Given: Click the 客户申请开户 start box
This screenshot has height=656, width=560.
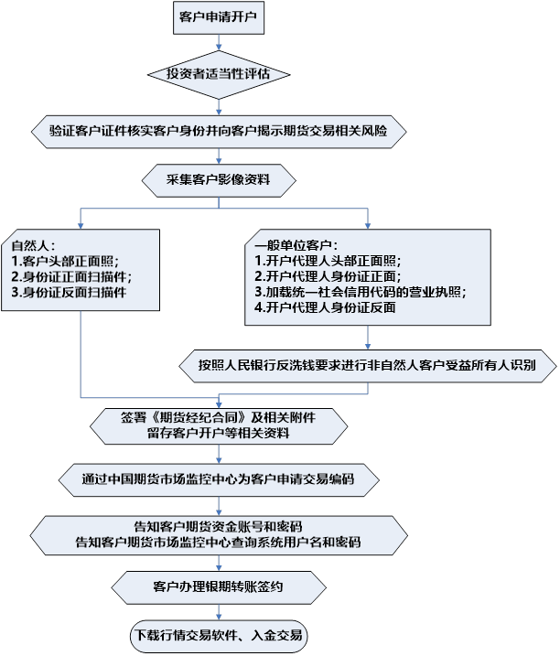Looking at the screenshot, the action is click(219, 17).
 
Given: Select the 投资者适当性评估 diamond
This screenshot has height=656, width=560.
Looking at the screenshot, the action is click(219, 75).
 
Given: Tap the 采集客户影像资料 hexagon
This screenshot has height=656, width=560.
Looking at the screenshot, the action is click(219, 180).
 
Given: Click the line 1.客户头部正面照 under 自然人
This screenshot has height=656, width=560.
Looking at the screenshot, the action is click(65, 261).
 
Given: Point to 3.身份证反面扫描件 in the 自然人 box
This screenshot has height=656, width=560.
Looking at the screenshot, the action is click(69, 292).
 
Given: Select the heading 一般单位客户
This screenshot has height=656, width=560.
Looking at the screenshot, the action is click(296, 245).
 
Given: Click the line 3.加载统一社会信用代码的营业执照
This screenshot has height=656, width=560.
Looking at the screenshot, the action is click(361, 292).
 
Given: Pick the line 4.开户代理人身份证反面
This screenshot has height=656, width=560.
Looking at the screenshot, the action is click(325, 307).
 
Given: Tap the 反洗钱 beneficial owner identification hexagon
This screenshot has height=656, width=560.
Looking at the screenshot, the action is click(368, 366).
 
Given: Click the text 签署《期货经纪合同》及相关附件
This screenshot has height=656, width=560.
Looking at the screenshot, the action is click(218, 417).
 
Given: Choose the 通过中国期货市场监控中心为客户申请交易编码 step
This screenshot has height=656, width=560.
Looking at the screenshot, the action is click(219, 479).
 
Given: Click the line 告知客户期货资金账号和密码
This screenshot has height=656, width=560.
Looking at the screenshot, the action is click(218, 527).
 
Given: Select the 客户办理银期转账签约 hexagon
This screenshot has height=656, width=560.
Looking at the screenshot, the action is click(219, 587).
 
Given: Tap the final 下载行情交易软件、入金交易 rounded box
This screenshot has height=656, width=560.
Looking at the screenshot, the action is click(219, 636).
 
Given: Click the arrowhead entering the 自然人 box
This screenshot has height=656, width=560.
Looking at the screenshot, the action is click(81, 226).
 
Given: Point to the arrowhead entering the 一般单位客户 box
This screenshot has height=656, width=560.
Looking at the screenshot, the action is click(368, 226).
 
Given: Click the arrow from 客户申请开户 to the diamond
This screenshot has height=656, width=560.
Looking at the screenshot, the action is click(219, 42).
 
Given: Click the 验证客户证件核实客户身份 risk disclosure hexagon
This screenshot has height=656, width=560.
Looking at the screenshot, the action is click(219, 132).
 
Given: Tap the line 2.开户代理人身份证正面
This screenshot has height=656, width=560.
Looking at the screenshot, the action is click(328, 276).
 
